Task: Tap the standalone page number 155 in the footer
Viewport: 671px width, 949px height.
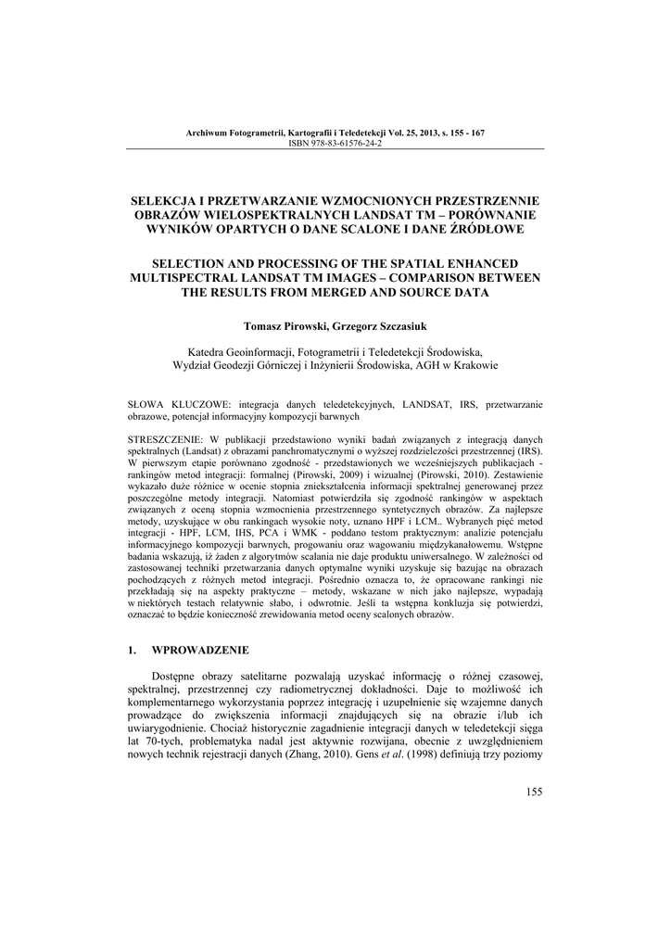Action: pos(533,791)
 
